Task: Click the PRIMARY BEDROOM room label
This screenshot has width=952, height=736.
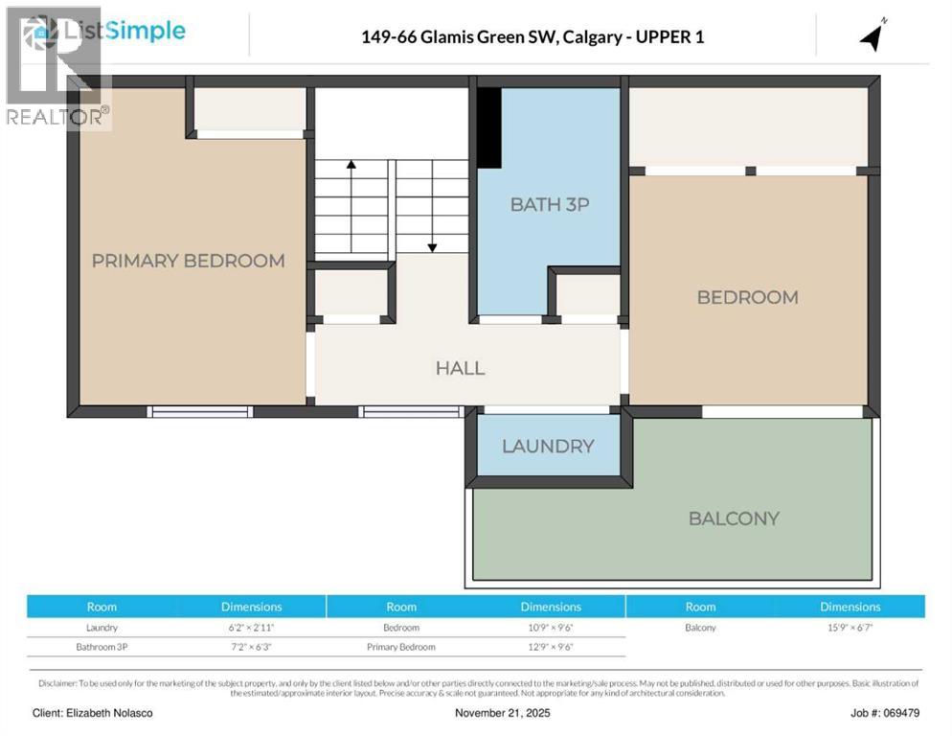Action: (188, 261)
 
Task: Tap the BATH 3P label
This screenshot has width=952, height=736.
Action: (549, 204)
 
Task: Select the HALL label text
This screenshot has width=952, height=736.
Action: (460, 368)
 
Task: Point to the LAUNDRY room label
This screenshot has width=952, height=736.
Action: (548, 447)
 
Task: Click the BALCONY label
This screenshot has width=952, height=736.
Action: (734, 518)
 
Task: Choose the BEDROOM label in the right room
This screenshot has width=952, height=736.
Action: (747, 297)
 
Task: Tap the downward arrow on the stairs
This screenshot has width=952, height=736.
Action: (432, 217)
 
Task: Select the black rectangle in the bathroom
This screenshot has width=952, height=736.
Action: (489, 127)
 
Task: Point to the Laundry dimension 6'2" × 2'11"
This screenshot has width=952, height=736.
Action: (251, 628)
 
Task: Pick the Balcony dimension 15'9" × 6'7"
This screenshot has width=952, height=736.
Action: (850, 628)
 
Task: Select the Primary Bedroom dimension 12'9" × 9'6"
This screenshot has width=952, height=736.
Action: (551, 647)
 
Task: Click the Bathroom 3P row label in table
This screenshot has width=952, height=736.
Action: (102, 647)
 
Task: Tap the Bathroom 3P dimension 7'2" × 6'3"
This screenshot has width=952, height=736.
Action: (251, 647)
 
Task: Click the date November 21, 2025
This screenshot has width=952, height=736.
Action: (502, 713)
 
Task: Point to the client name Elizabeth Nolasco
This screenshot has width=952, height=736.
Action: (93, 713)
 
